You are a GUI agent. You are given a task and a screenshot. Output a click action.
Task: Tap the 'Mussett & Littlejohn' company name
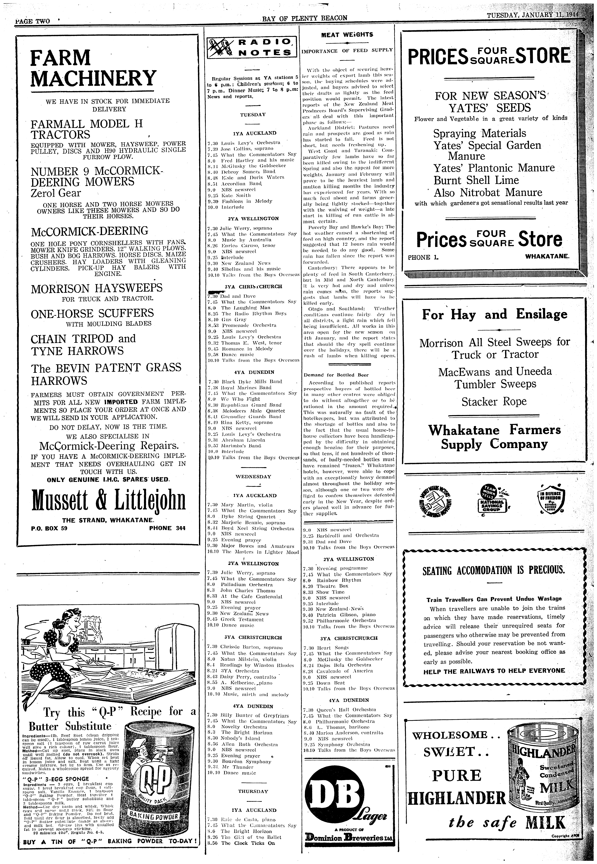pos(108,500)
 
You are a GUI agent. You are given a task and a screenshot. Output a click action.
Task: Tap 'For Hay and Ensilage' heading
pos(494,314)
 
